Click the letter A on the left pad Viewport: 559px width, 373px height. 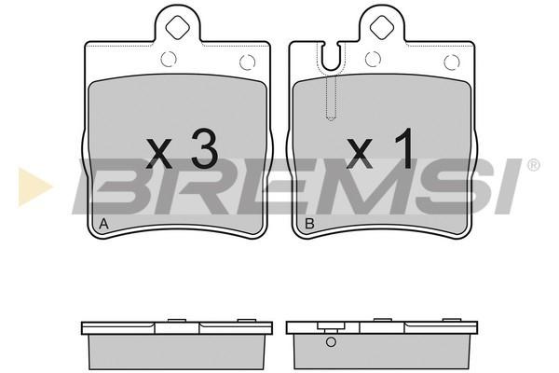(x=103, y=224)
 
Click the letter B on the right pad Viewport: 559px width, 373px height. (x=310, y=224)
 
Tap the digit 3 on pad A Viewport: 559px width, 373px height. (x=205, y=148)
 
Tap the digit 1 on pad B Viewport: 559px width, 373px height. (x=404, y=148)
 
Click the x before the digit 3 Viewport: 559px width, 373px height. (x=159, y=153)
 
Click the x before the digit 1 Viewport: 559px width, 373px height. (x=360, y=153)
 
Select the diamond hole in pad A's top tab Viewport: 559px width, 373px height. (x=178, y=27)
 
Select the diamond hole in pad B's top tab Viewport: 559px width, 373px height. (x=382, y=27)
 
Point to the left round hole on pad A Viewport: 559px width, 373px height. (x=169, y=60)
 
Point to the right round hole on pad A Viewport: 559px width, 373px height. (x=248, y=62)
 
